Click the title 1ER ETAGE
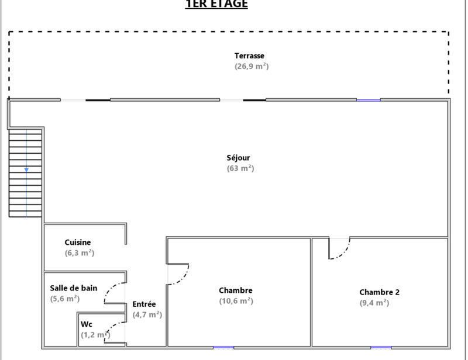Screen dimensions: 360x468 [216, 4]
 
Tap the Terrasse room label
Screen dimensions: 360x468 [250, 56]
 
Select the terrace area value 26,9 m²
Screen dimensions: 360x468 [252, 67]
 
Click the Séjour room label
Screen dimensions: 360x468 [239, 158]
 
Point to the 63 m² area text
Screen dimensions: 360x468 [240, 168]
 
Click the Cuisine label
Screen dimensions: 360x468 [78, 243]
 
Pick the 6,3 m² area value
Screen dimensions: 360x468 [80, 253]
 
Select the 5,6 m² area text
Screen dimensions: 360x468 [65, 299]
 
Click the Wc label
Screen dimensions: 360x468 [87, 324]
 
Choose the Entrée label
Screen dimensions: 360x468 [144, 304]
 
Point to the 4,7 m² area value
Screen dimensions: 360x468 [147, 315]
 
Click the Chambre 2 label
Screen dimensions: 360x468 [380, 292]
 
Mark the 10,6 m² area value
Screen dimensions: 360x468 [236, 301]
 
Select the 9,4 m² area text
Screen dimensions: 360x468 [374, 303]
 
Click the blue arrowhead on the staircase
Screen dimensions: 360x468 [26, 170]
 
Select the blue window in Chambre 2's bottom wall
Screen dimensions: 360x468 [381, 348]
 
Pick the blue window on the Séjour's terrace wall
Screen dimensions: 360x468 [368, 100]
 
